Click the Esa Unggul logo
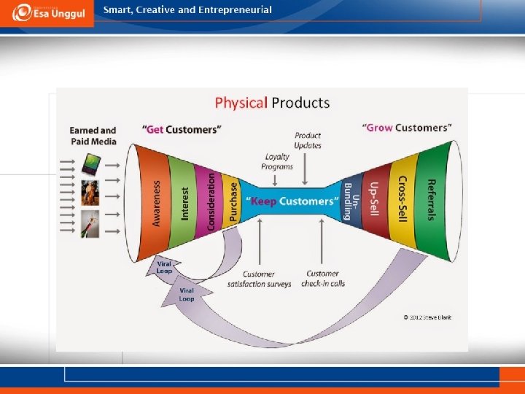47,13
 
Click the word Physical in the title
241,103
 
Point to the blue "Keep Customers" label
292,201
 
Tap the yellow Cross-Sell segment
401,198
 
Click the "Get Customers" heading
182,130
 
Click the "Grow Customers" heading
408,128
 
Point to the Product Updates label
308,140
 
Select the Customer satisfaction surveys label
259,279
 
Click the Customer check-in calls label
322,279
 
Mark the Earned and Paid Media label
93,135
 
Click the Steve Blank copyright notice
427,317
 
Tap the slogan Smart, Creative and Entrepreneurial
187,10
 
